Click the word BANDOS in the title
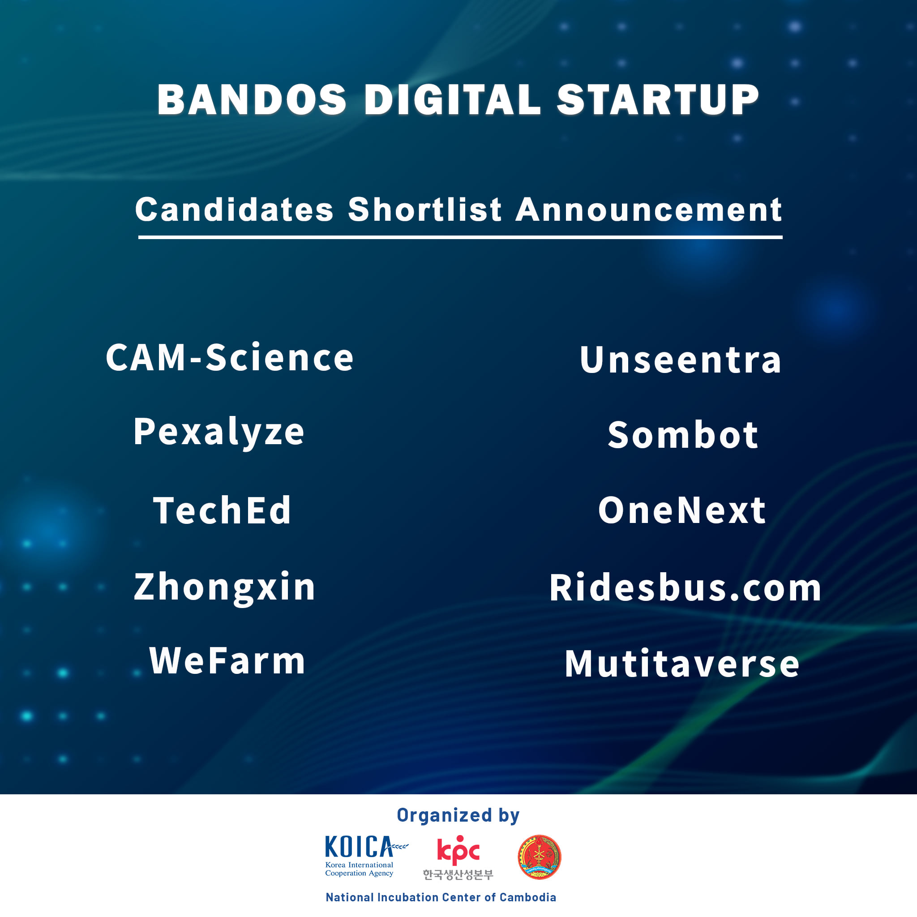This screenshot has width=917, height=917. pos(252,100)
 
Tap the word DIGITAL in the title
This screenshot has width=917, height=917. pos(452,100)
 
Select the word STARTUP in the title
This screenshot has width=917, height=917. pos(658,100)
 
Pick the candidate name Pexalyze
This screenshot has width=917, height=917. pos(219,433)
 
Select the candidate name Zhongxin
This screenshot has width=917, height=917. pos(224,587)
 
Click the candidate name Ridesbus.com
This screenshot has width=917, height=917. pos(685,587)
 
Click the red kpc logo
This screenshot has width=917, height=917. pos(458,851)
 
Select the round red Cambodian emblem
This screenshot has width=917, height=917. pos(539,857)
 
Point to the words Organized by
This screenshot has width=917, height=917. pos(458,815)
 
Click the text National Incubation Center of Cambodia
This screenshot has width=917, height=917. pos(441,897)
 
